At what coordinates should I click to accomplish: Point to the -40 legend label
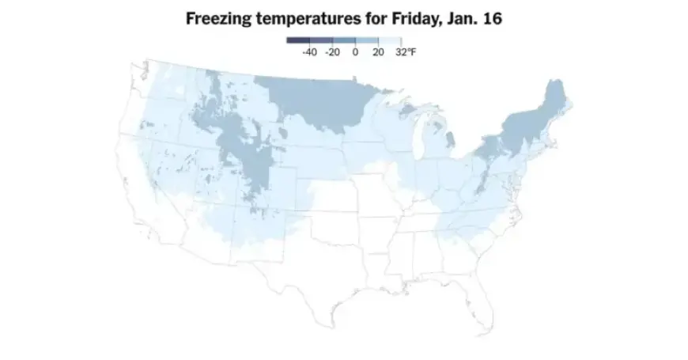pos(309,52)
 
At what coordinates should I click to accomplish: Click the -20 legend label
pos(332,52)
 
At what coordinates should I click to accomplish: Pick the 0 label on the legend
pos(356,52)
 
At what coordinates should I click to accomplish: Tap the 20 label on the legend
pos(378,52)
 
